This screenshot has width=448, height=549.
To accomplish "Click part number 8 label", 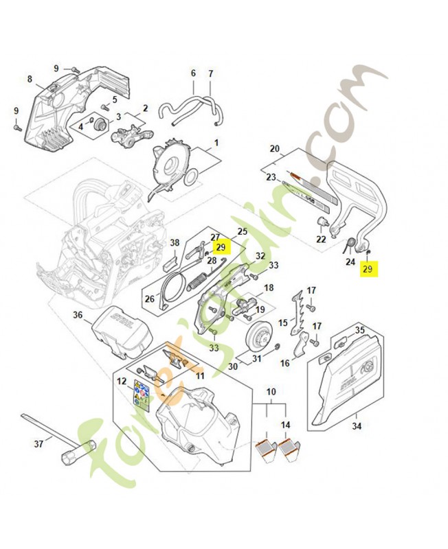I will point(30,79).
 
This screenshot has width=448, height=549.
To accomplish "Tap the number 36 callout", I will point(78,315).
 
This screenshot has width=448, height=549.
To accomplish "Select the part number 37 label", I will point(38,443).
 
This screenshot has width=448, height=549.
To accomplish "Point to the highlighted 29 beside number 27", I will point(220,247).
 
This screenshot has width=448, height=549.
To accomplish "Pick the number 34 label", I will point(356,426).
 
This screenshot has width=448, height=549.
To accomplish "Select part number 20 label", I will point(275,148).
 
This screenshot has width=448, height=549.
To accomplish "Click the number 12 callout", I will point(122,381).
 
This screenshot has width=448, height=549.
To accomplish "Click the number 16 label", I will point(284,361).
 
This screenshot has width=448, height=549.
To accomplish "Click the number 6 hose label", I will point(193,73).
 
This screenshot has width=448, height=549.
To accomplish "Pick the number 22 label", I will point(321,239).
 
